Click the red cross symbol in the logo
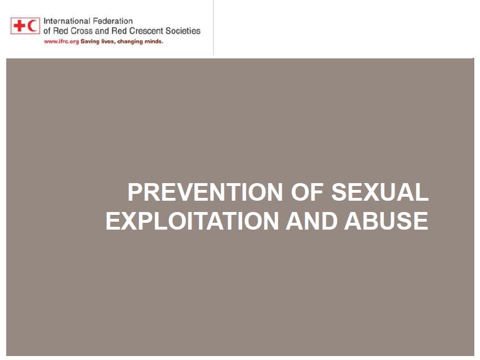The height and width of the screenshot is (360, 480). click(x=19, y=26)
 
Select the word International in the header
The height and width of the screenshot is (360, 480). click(x=67, y=21)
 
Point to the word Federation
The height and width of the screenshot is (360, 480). click(x=113, y=21)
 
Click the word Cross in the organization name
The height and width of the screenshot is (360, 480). click(x=82, y=31)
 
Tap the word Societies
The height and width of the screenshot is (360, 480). click(x=183, y=31)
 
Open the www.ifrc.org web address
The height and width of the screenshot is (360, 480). click(x=62, y=41)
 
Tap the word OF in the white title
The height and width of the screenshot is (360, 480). click(x=307, y=192)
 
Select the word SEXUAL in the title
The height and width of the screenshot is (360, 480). click(x=380, y=192)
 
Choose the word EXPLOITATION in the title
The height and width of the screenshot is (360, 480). click(x=192, y=221)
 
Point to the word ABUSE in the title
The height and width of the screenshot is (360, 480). click(x=386, y=221)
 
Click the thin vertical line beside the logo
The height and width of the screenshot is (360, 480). click(x=214, y=28)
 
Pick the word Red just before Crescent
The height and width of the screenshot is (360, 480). click(x=119, y=31)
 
